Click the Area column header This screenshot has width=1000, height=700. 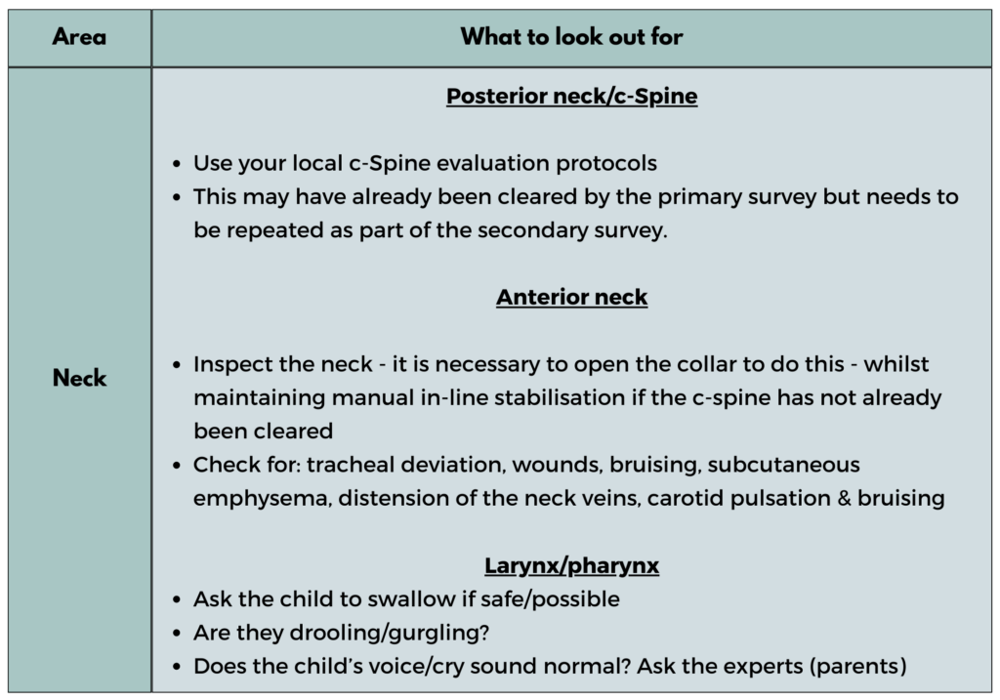[x=79, y=38]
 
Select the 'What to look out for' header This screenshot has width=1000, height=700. [x=571, y=38]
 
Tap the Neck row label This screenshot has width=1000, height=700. [x=79, y=379]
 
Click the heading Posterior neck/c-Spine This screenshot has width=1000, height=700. [x=571, y=97]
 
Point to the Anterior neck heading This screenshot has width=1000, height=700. [x=571, y=297]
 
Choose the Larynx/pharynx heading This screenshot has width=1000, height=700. [x=571, y=566]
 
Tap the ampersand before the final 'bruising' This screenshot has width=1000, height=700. [x=843, y=498]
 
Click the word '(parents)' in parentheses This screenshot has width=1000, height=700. [x=861, y=666]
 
